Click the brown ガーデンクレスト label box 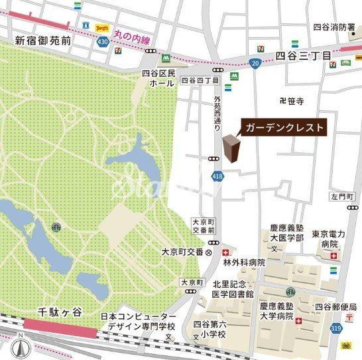pos(283,127)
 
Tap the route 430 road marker pos(103,42)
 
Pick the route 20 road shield pos(255,63)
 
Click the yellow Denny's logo pos(102,27)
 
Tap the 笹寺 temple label pos(292,101)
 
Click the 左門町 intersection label pos(343,197)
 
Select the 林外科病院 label pos(243,263)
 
